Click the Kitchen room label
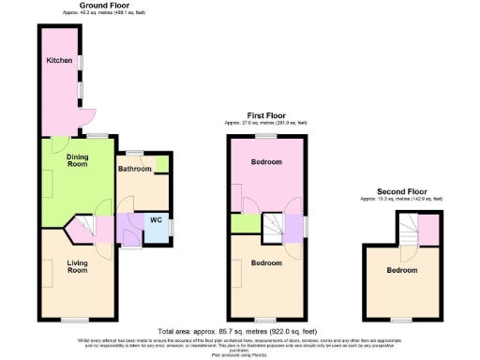[x=60, y=61]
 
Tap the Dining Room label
[x=77, y=159]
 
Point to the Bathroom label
[x=135, y=169]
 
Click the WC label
[x=156, y=221]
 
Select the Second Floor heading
[x=403, y=191]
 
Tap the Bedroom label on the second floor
[x=403, y=271]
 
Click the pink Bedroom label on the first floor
[x=267, y=162]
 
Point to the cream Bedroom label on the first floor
[x=266, y=263]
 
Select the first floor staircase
[x=273, y=225]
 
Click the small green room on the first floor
[x=244, y=224]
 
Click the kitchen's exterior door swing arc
[x=88, y=115]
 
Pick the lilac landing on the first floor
[x=295, y=226]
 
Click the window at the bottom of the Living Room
[x=75, y=320]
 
